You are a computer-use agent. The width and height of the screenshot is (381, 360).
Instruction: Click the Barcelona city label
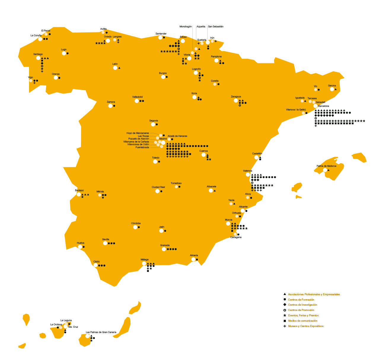(323, 106)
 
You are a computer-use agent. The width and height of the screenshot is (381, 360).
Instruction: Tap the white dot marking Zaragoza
(236, 101)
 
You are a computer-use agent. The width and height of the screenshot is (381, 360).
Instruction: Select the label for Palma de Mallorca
(326, 166)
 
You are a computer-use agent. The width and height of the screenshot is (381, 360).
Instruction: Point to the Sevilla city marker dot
(105, 243)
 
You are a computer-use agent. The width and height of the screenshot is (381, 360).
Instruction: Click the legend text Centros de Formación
(301, 300)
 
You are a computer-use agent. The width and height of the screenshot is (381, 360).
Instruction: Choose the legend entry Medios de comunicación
(302, 321)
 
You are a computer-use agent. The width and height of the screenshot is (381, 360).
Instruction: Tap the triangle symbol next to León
(119, 68)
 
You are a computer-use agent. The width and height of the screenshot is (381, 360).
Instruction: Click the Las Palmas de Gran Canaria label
(101, 332)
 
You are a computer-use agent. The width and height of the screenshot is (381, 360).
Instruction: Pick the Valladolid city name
(137, 97)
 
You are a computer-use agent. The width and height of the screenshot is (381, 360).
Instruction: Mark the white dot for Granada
(164, 249)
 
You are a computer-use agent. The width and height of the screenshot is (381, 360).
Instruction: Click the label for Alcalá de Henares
(177, 136)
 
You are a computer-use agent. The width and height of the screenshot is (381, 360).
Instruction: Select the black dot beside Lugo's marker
(68, 53)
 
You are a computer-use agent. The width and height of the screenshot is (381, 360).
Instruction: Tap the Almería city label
(194, 256)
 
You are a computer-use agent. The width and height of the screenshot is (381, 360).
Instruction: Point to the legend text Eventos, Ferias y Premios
(303, 315)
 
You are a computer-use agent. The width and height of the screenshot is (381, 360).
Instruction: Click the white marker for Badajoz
(79, 194)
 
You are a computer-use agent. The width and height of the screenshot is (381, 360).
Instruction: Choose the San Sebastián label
(216, 27)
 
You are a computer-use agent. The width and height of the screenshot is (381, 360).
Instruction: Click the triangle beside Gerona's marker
(336, 89)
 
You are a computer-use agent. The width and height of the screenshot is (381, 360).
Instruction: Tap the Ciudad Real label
(158, 187)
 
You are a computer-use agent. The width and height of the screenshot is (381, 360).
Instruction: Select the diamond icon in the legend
(285, 305)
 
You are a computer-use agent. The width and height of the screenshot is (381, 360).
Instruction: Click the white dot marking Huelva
(80, 247)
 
